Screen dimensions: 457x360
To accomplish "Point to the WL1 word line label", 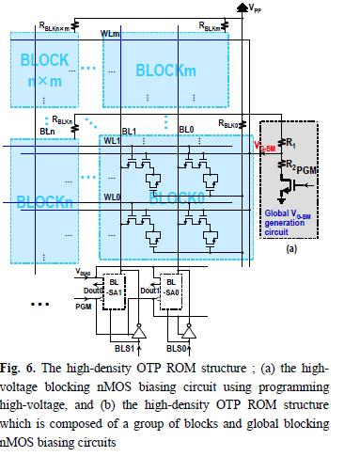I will click(113, 142).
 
